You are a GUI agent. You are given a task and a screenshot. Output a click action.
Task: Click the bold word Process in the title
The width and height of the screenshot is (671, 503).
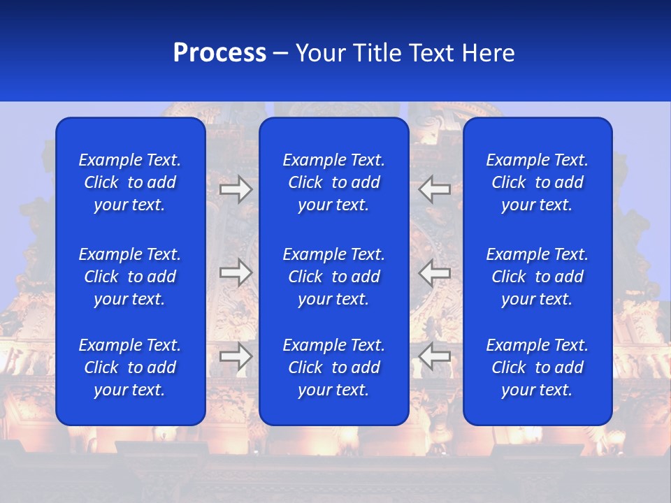point(219,53)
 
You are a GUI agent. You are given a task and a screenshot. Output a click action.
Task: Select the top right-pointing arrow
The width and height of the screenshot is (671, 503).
point(236,189)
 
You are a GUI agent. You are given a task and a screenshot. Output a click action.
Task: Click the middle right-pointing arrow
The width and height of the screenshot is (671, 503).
point(236,272)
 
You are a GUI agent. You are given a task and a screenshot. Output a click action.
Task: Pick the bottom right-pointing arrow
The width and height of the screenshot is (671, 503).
point(236,356)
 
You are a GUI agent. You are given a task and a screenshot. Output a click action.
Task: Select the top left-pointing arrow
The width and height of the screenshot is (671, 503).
point(435,189)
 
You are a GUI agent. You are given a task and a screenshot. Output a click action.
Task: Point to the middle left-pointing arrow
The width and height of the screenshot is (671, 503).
point(435,272)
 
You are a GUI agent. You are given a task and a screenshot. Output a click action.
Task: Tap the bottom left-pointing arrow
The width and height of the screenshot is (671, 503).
point(435,356)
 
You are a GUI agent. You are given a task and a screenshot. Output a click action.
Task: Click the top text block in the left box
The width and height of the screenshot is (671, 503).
point(130,182)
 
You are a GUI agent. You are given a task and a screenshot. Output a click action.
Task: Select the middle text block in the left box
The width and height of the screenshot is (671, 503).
point(130,277)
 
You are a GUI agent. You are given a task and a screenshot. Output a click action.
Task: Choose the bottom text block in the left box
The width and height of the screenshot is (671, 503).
point(130,367)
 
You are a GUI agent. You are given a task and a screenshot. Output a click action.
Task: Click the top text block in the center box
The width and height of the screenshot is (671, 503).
point(334,182)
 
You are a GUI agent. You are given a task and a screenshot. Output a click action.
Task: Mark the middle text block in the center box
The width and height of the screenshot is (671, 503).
point(334,277)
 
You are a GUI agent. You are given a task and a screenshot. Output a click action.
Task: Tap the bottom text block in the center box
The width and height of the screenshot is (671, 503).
point(334,367)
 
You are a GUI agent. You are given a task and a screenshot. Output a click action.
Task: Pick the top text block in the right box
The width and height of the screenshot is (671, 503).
point(537,182)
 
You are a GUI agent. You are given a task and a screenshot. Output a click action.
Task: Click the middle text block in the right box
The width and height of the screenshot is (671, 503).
point(537,277)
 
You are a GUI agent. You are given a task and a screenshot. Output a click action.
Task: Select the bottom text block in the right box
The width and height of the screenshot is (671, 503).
point(537,367)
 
